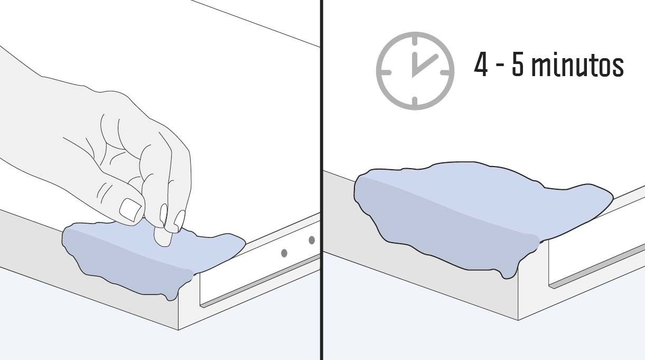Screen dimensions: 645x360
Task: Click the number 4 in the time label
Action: coord(481,65)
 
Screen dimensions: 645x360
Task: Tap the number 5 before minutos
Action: coord(517,66)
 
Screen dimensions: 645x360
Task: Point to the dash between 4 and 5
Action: coord(500,67)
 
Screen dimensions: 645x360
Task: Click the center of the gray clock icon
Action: coord(415,71)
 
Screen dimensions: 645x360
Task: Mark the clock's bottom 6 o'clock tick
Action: coord(415,101)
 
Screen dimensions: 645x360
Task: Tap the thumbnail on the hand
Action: coord(130,210)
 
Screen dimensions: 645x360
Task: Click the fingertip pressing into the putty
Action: coord(163,237)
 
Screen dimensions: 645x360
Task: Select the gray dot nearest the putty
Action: coord(284,253)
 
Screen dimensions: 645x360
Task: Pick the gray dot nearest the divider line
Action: coord(312,240)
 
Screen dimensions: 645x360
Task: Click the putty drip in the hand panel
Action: coord(171,294)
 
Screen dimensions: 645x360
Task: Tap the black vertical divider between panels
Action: coord(321,180)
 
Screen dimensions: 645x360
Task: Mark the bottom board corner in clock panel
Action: coord(519,320)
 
